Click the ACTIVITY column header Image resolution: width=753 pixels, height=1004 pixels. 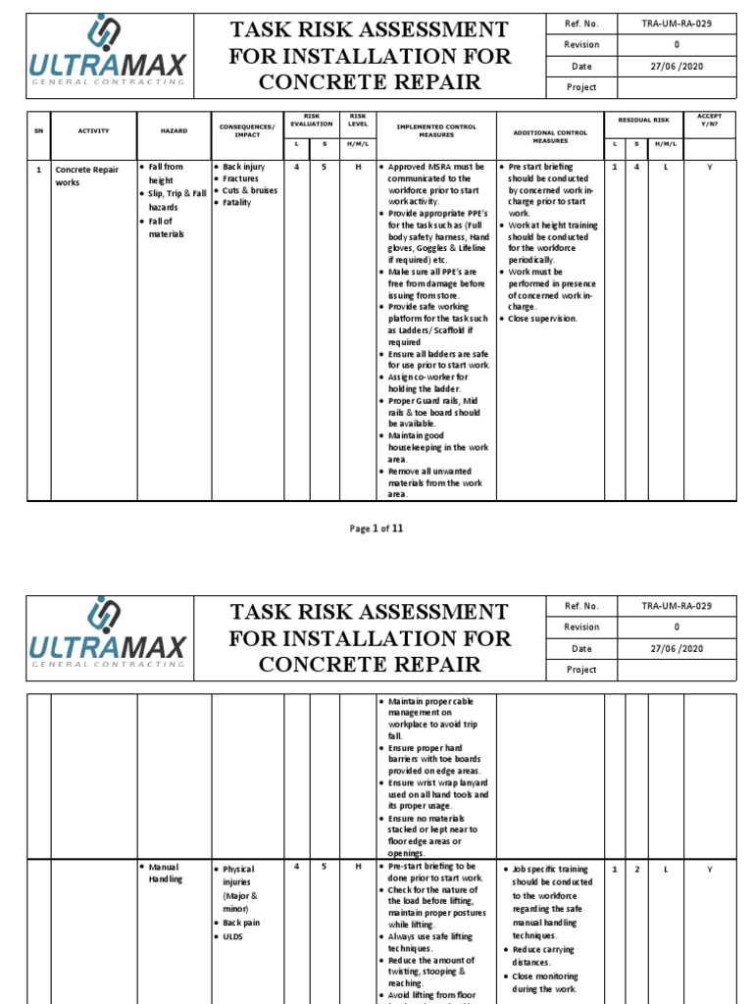(x=95, y=130)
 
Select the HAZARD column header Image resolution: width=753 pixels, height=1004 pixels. (x=175, y=130)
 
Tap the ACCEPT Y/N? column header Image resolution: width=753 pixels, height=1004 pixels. (x=709, y=121)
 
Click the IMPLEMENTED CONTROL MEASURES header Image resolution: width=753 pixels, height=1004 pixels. (x=436, y=130)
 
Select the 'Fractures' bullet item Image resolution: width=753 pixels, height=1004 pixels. (x=240, y=179)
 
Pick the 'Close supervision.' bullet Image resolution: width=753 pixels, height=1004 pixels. (x=542, y=319)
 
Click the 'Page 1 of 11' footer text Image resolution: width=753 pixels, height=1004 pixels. (x=376, y=528)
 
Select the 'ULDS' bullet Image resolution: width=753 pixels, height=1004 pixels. (x=232, y=936)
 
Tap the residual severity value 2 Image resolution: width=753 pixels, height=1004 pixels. (x=638, y=869)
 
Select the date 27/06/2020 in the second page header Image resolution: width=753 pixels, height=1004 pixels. (x=676, y=648)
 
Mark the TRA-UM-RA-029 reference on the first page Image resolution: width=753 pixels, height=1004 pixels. (x=676, y=24)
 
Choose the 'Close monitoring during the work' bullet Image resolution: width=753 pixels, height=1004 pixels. (x=544, y=982)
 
